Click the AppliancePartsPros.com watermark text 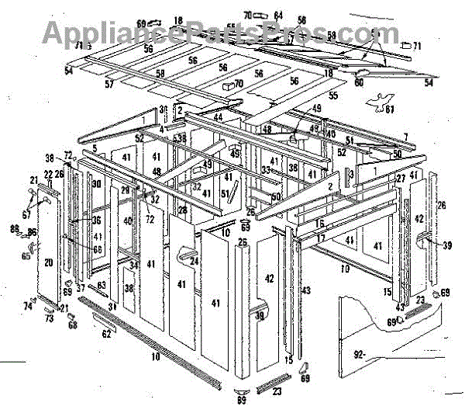tap(209, 33)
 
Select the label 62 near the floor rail tap(105, 335)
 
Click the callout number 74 tap(28, 307)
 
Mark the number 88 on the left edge tap(14, 227)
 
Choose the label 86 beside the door tap(32, 232)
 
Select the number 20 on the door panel tap(48, 263)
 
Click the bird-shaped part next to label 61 tap(378, 99)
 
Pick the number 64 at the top tap(278, 15)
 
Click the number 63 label tap(102, 286)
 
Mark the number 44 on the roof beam tap(218, 116)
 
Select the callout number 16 tap(319, 224)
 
